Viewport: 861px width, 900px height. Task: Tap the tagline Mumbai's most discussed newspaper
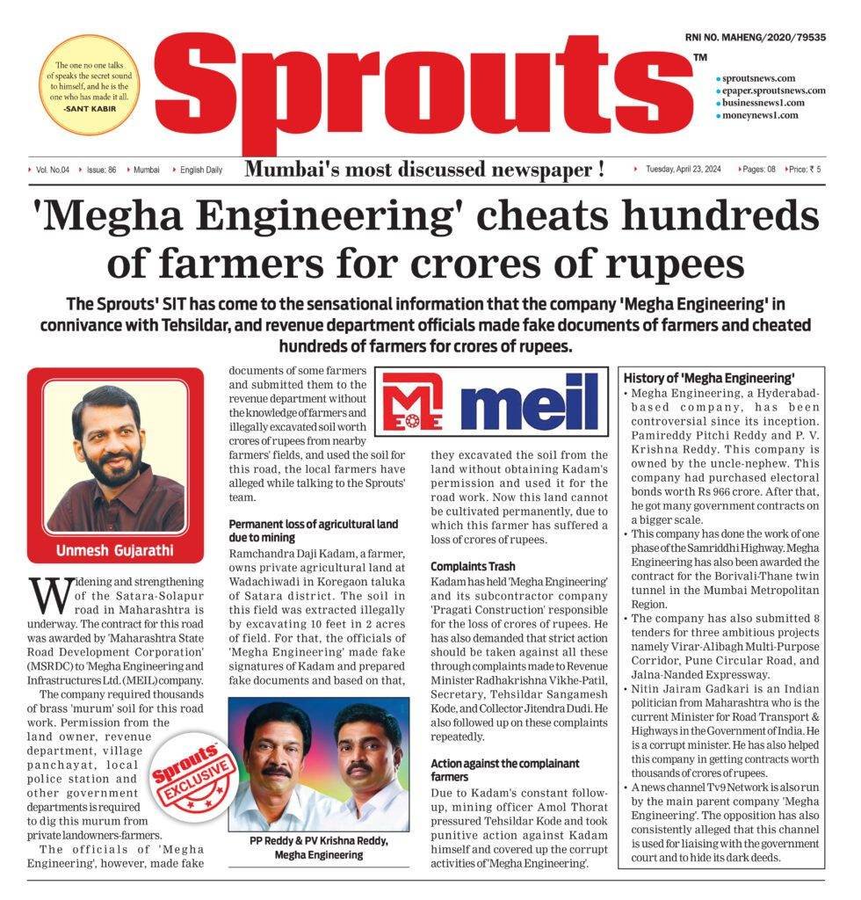coord(424,170)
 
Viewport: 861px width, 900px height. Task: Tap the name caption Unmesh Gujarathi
coord(114,553)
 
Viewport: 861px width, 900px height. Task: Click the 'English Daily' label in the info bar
coord(201,169)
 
